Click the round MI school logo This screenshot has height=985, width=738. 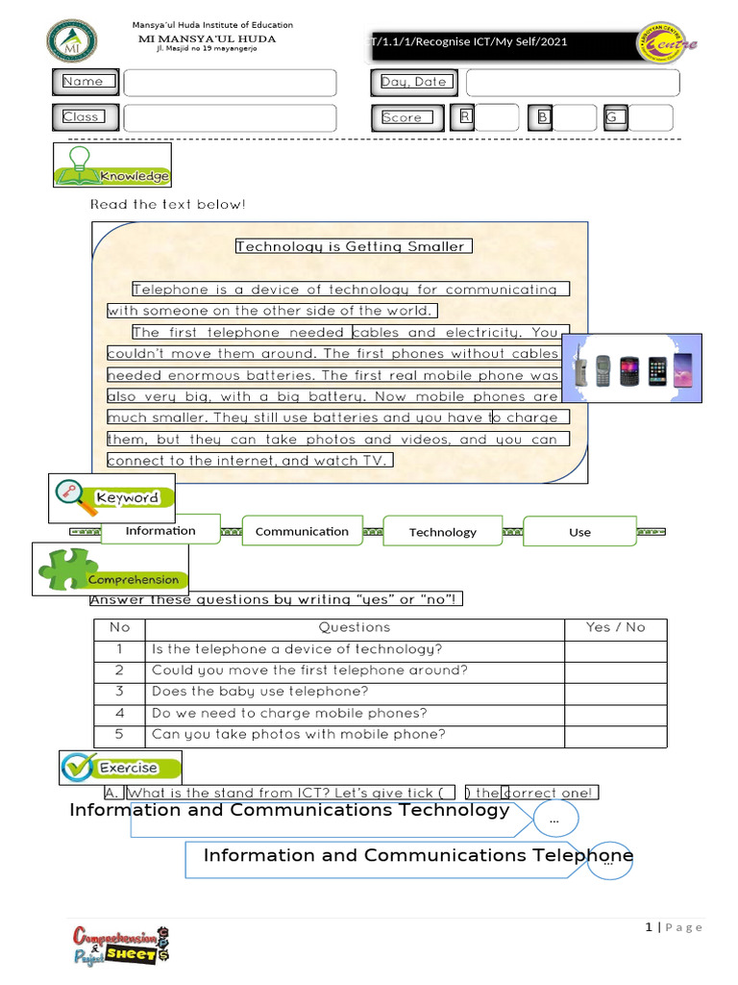coord(71,39)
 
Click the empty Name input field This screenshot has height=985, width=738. coord(230,83)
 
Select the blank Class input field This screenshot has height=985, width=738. coord(230,117)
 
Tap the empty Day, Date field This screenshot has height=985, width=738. coord(572,83)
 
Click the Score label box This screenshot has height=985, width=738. coord(402,117)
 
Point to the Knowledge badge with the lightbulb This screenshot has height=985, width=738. coord(112,164)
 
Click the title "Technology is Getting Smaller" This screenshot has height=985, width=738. coord(350,246)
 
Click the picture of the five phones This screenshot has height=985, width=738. coord(631,368)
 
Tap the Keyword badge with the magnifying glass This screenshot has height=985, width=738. coord(112,497)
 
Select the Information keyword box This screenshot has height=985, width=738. coord(160,531)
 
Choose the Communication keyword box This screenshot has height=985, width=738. coord(302,531)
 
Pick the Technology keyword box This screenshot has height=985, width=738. coord(442,532)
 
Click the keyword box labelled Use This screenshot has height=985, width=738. coord(579,532)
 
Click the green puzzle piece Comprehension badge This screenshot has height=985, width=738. coord(110,569)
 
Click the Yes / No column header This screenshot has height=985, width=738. coord(615,627)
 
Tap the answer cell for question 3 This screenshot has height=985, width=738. coord(615,692)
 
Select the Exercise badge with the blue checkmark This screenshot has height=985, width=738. coord(120,768)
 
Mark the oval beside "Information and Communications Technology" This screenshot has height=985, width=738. coord(553,821)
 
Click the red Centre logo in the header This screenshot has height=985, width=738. coord(669,42)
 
